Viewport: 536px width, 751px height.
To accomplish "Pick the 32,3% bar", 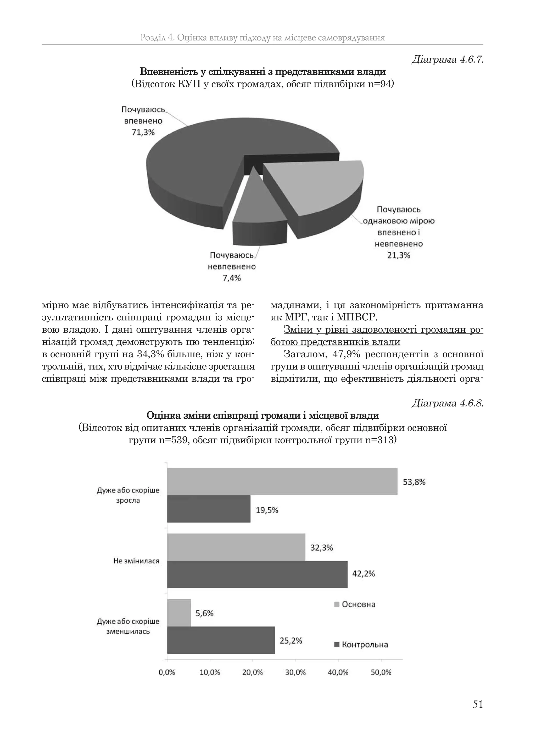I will coord(236,547).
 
